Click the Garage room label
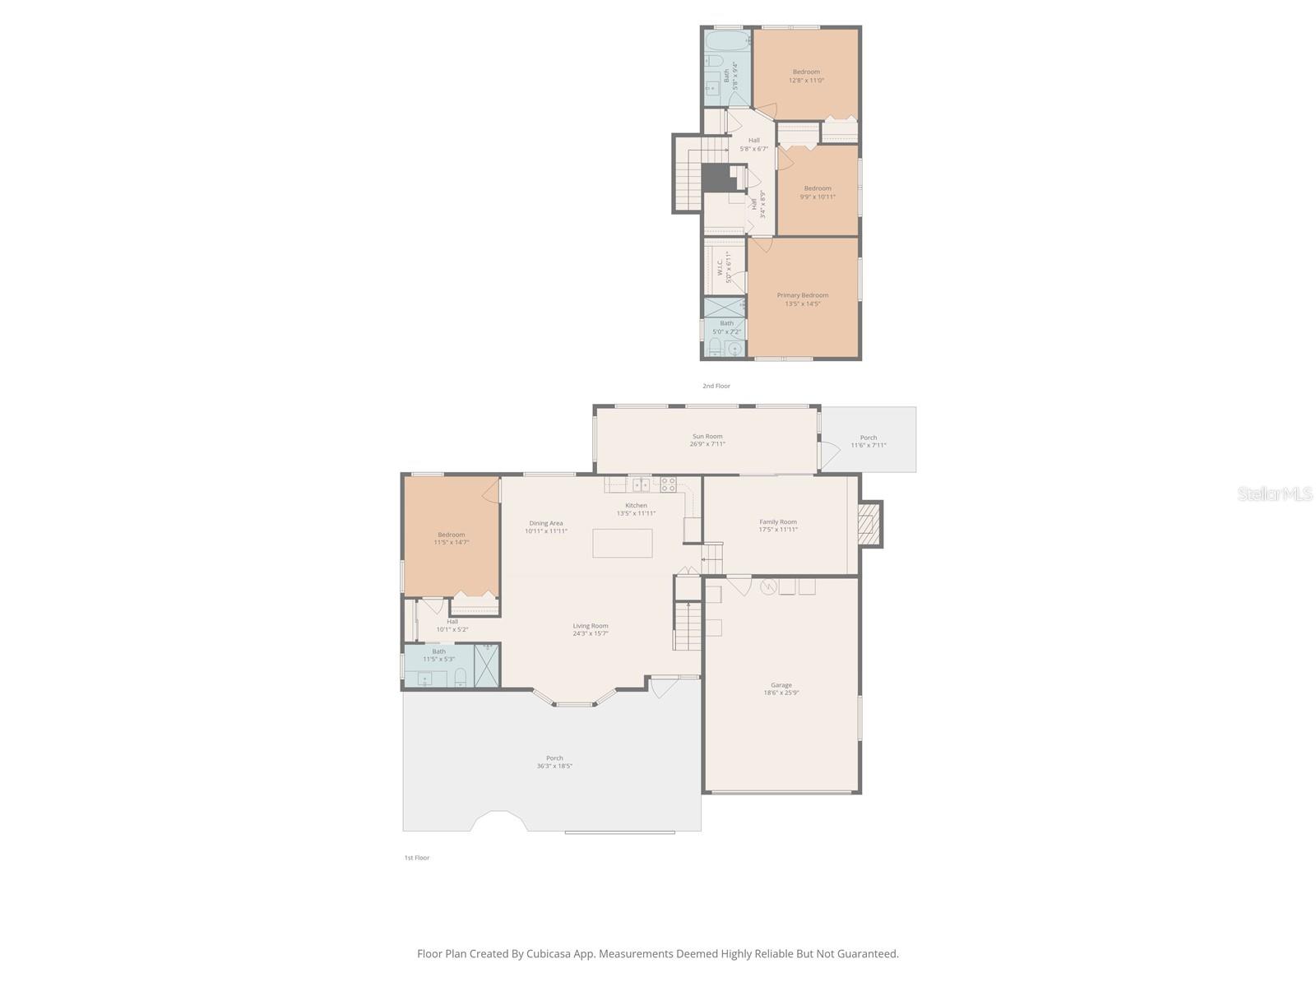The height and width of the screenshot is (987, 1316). coord(781,688)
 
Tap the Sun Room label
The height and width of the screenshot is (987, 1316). coord(707,440)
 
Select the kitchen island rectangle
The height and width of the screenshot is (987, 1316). coord(623,543)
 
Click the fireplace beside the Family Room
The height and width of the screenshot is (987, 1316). coord(869,524)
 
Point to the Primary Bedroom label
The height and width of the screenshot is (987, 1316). coord(803,299)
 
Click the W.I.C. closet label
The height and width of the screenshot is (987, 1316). coord(724,268)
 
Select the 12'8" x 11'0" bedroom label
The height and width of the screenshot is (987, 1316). coord(806,76)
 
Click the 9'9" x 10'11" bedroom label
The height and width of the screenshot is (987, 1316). coord(818,192)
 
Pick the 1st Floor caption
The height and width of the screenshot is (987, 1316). coord(416,858)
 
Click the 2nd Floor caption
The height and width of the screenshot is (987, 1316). coord(716,386)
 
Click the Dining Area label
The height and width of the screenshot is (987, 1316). coord(546,526)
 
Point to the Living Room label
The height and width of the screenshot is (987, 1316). coord(591,629)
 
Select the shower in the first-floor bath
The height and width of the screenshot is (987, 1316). coord(487,665)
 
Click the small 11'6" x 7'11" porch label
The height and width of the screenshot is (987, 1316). coord(869,441)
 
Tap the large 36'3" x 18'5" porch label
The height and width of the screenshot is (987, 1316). coord(554,762)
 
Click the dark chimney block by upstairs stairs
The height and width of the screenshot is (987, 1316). coord(715,177)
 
